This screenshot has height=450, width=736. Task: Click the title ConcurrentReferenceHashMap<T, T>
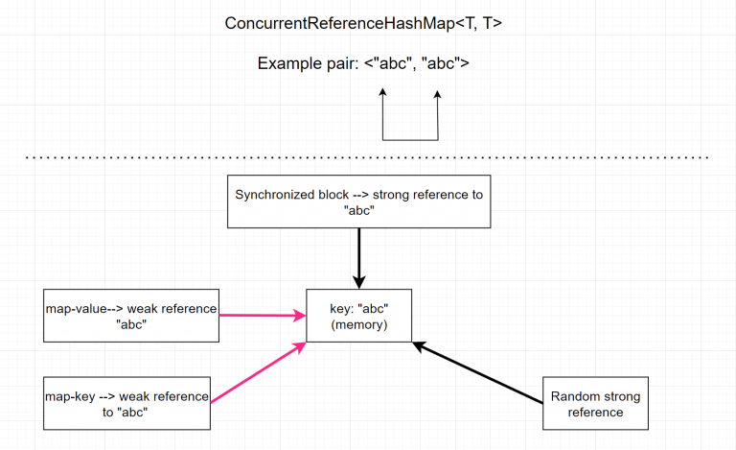[363, 23]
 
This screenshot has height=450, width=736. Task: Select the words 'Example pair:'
[308, 63]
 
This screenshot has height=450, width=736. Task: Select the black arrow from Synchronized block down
[359, 258]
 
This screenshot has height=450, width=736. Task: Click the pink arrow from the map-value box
[263, 315]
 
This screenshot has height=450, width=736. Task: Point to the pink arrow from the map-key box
[258, 372]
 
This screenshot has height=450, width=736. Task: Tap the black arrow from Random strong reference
[477, 372]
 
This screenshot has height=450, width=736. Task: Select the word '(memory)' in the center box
[359, 324]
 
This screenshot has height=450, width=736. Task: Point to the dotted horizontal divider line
[367, 157]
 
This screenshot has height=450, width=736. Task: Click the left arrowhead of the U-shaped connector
[383, 92]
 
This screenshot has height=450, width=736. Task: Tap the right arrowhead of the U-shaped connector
[437, 94]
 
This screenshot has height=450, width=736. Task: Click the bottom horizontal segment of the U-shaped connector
[411, 140]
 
